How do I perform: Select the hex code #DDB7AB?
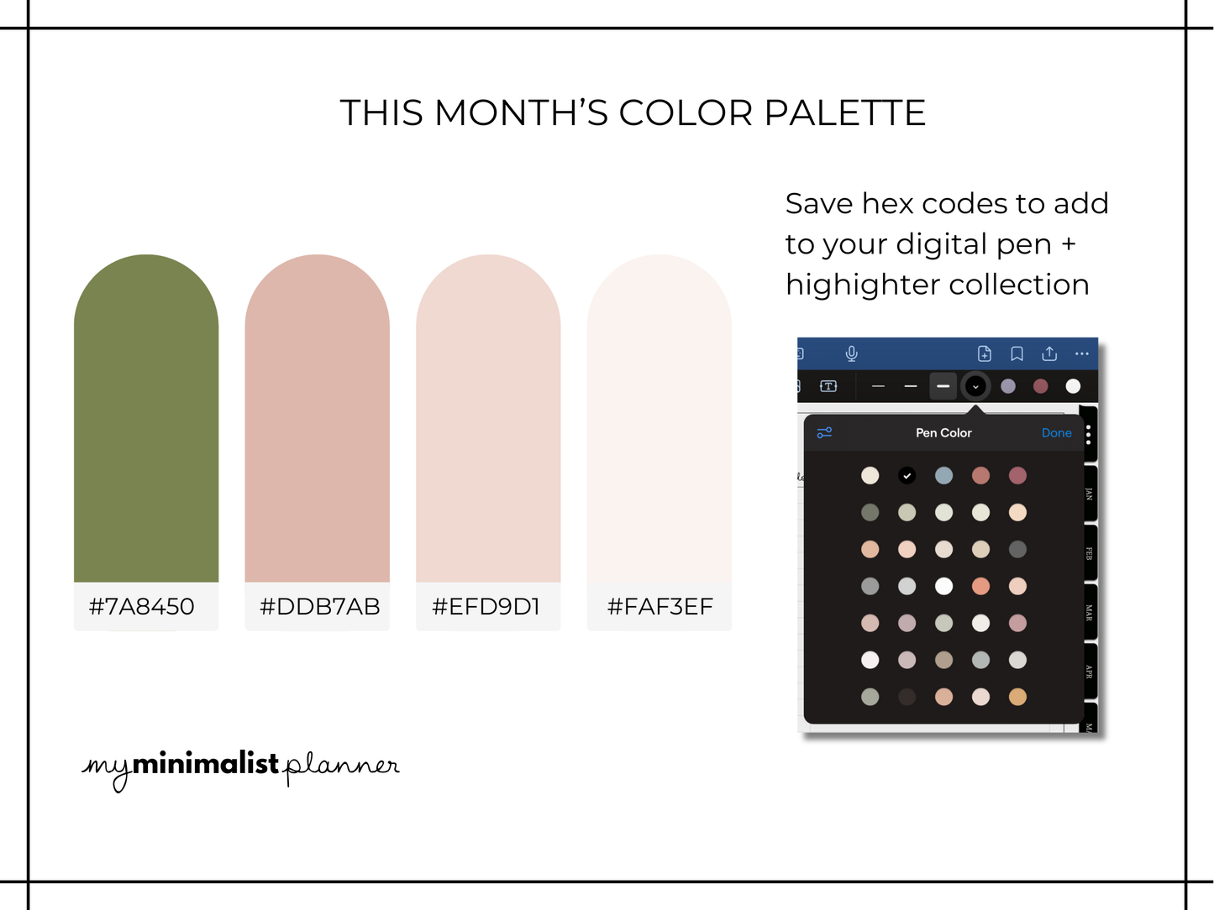click(319, 606)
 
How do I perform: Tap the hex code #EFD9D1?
click(486, 606)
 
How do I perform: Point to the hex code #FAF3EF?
click(660, 606)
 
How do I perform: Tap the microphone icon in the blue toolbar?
click(851, 353)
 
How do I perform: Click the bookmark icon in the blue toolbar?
click(1017, 353)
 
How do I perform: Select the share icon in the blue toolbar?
click(1049, 353)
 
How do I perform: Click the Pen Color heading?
click(943, 433)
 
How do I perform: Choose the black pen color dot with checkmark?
click(907, 476)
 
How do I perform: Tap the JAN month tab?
click(1089, 494)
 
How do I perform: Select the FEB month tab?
click(1089, 554)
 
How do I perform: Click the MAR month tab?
click(1089, 613)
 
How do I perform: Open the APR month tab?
click(1089, 672)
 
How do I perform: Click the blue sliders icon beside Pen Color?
click(824, 433)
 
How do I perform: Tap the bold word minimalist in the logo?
click(205, 763)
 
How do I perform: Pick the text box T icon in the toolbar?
click(828, 386)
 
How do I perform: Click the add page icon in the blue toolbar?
click(985, 353)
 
